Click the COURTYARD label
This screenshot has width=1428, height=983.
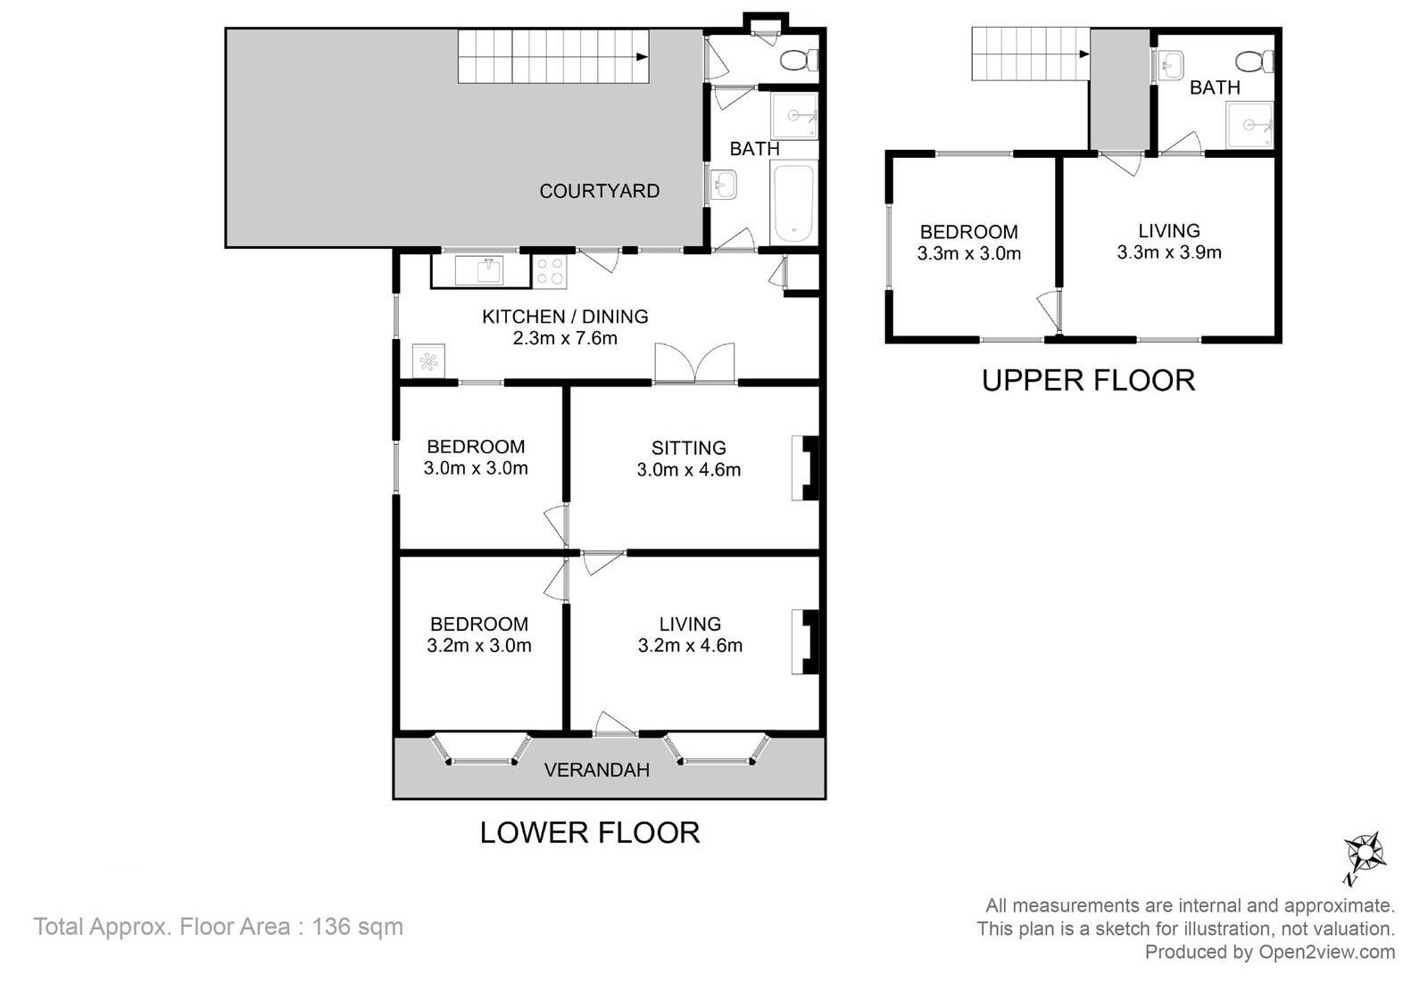[599, 191]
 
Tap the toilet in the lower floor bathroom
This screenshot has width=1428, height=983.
[800, 60]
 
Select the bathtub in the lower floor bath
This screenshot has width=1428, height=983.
[793, 202]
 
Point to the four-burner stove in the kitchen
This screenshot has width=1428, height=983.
[550, 271]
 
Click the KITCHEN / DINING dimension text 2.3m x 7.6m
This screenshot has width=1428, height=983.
[565, 338]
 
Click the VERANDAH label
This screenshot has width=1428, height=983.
[597, 770]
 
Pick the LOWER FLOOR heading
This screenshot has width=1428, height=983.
[590, 832]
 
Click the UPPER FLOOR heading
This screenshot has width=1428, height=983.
[1088, 380]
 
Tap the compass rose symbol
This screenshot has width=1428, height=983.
[1365, 853]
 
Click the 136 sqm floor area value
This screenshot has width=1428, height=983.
[357, 927]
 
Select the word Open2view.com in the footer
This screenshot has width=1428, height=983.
[1326, 953]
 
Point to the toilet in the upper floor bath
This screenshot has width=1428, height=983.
[1255, 62]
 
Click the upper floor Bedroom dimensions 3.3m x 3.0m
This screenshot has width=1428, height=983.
[969, 253]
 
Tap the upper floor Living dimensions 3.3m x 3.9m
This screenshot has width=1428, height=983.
[1169, 252]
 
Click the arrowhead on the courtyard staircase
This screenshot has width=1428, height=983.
[643, 57]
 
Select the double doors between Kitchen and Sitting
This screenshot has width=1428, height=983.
[695, 363]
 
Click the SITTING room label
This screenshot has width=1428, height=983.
[688, 448]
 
